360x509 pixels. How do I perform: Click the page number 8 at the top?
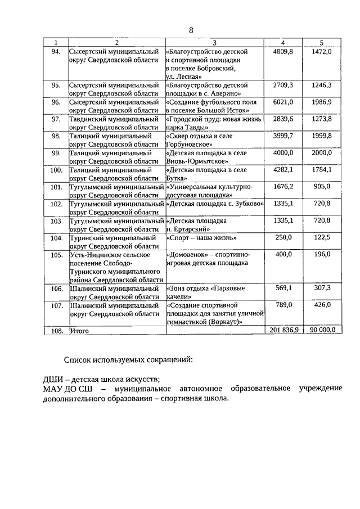191,30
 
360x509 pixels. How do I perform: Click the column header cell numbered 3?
215,43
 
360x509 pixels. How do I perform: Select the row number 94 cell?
56,52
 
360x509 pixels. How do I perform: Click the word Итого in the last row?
80,331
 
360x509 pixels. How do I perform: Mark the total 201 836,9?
283,331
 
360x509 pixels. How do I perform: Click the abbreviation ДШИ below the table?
54,378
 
